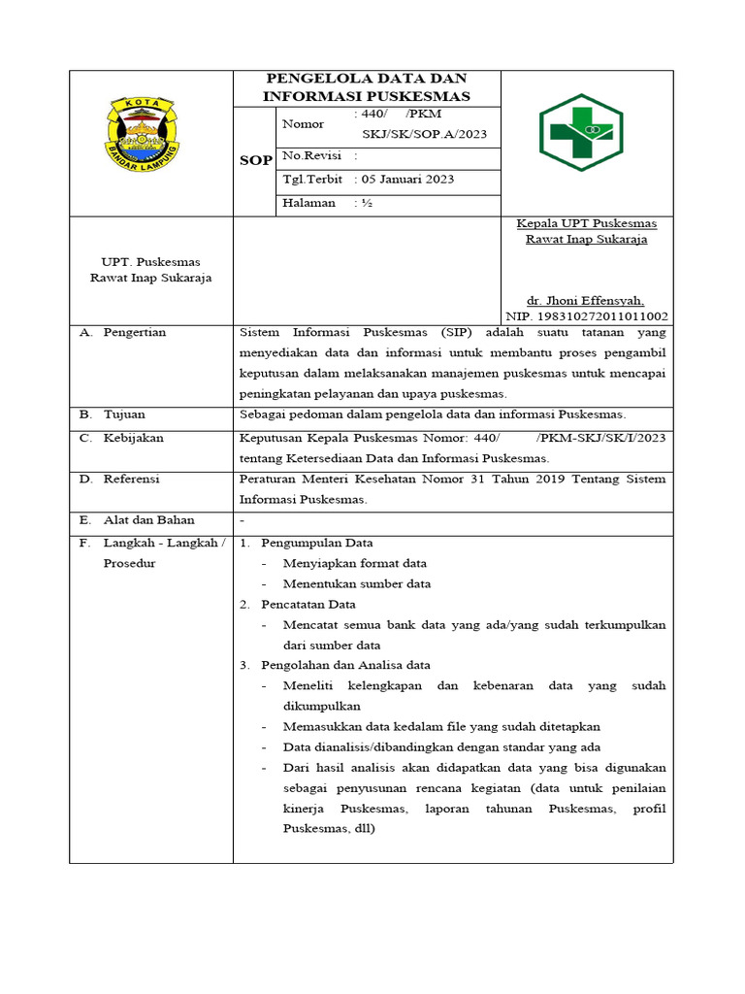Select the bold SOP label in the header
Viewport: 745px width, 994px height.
click(x=255, y=160)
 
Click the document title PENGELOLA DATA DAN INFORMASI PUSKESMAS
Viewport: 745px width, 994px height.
click(x=367, y=86)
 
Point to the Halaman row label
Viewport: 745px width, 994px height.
click(x=308, y=203)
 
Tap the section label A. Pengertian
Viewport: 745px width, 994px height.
click(x=123, y=332)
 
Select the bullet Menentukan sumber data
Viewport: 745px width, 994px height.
click(x=357, y=583)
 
